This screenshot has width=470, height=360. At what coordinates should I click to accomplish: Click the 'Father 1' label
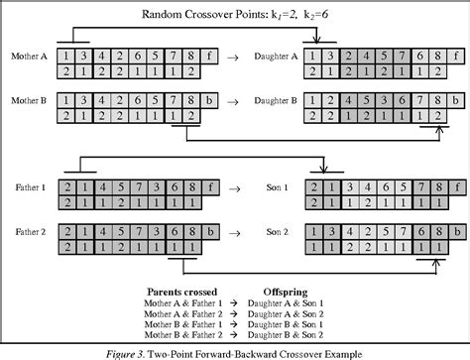pyautogui.click(x=29, y=185)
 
